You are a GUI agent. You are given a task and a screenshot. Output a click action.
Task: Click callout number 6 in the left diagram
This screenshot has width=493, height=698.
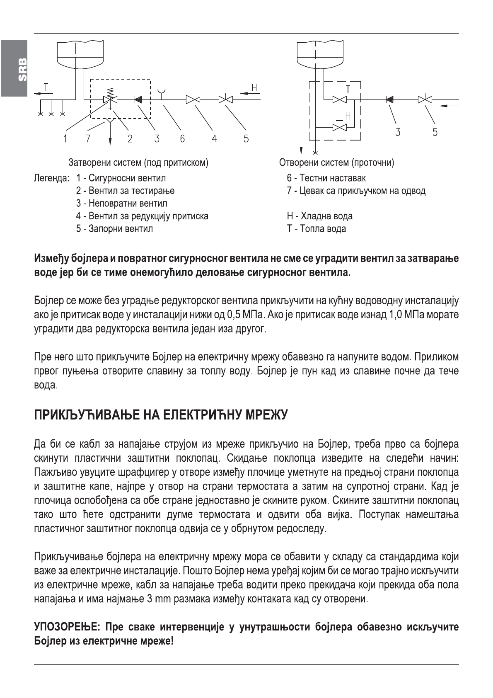pyautogui.click(x=182, y=138)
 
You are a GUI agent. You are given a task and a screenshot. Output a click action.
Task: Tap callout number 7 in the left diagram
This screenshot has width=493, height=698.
pyautogui.click(x=87, y=138)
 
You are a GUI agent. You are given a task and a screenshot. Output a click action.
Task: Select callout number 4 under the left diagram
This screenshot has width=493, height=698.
pyautogui.click(x=214, y=138)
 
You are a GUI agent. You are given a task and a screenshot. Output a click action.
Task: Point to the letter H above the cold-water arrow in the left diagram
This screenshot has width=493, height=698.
pyautogui.click(x=254, y=87)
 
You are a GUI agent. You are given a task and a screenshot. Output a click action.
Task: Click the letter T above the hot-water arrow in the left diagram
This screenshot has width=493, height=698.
pyautogui.click(x=46, y=87)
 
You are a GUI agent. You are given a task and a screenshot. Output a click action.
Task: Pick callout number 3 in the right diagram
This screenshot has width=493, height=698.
pyautogui.click(x=398, y=132)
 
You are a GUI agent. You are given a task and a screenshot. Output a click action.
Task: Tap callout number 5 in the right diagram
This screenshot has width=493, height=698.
pyautogui.click(x=435, y=132)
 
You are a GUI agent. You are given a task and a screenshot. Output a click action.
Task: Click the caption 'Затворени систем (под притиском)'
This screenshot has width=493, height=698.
pyautogui.click(x=138, y=162)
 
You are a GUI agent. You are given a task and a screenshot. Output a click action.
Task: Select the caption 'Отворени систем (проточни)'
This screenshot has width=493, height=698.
pyautogui.click(x=336, y=162)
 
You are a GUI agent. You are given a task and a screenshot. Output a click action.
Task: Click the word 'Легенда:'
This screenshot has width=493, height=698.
pyautogui.click(x=51, y=179)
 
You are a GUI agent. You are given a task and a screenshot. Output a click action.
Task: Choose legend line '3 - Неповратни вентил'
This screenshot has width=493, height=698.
pyautogui.click(x=121, y=204)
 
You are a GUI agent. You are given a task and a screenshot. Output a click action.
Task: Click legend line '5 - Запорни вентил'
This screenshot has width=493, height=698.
pyautogui.click(x=114, y=229)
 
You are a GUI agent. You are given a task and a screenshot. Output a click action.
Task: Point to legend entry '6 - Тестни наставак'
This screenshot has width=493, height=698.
pyautogui.click(x=326, y=178)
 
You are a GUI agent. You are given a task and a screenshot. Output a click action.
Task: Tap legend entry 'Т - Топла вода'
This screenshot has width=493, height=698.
pyautogui.click(x=316, y=229)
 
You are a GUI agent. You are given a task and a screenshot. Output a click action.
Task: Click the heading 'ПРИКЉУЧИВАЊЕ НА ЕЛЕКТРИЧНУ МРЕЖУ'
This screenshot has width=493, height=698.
pyautogui.click(x=160, y=414)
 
